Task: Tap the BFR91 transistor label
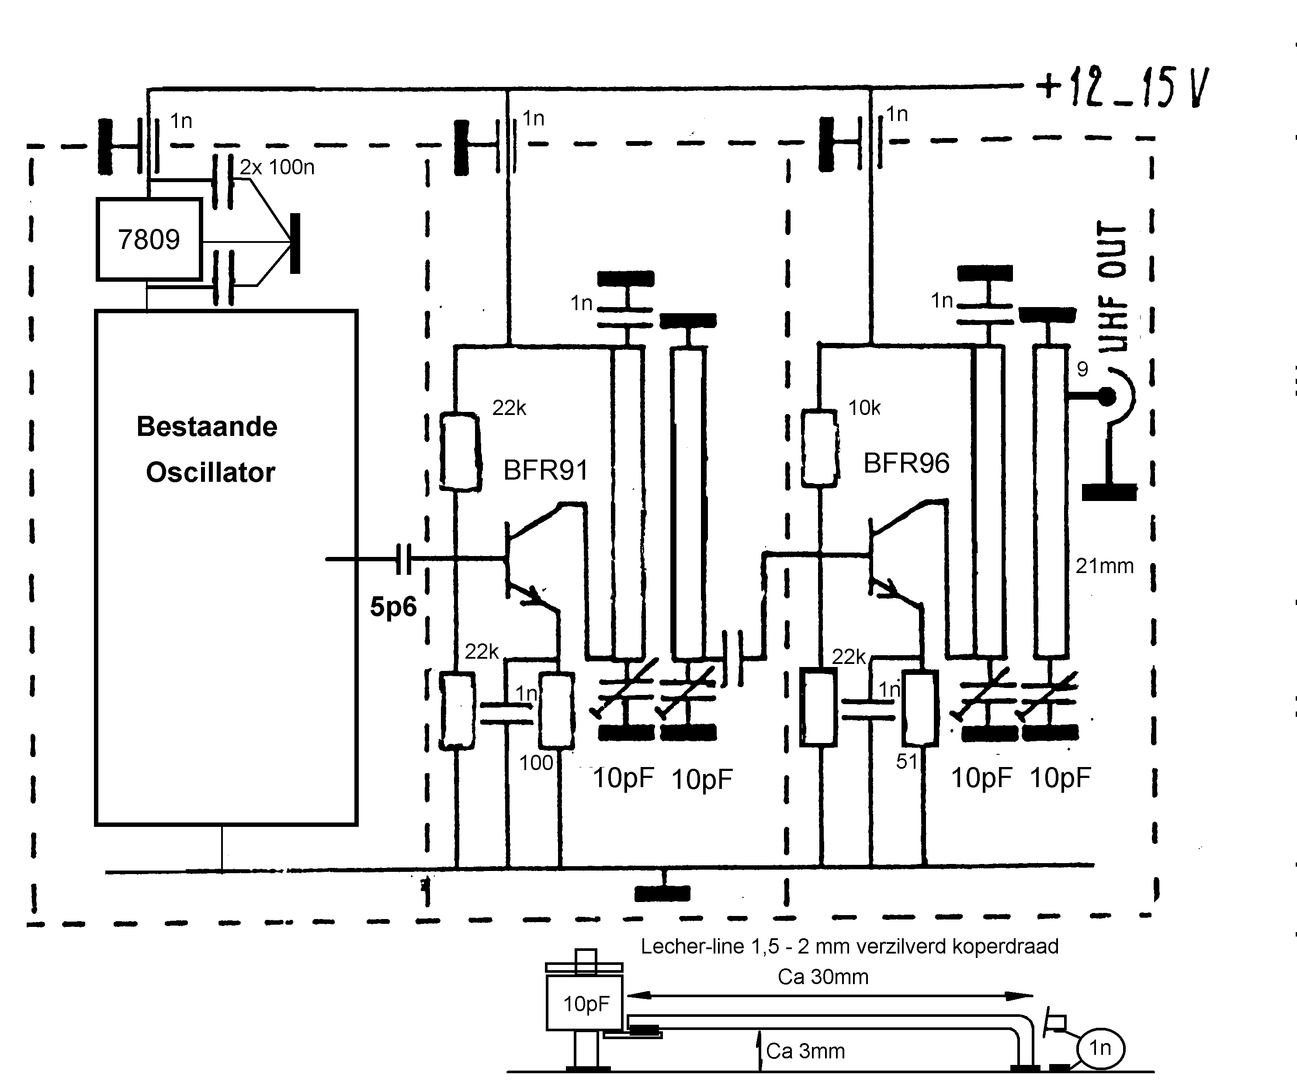[x=545, y=470]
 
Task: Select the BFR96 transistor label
[x=906, y=464]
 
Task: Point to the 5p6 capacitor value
[x=393, y=607]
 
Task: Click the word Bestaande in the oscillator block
[x=207, y=426]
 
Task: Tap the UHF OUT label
[x=1113, y=287]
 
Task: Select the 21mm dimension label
[x=1104, y=566]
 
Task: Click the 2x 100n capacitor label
[x=277, y=167]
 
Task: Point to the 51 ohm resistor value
[x=907, y=761]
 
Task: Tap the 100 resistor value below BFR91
[x=536, y=763]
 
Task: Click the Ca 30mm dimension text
[x=822, y=977]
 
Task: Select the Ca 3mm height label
[x=805, y=1051]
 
